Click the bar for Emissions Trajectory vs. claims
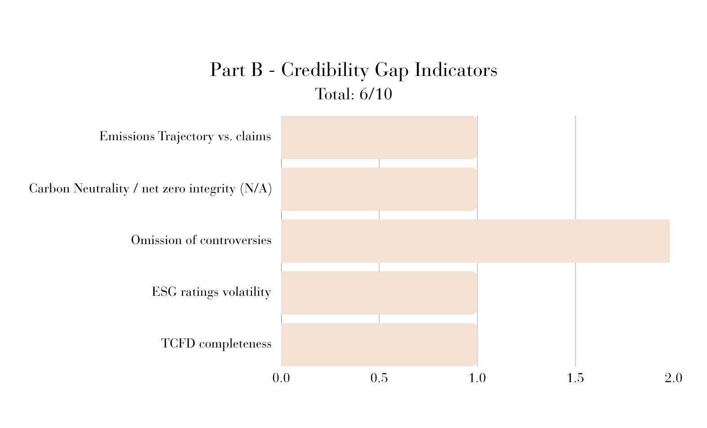coord(379,138)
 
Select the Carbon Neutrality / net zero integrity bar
coord(379,189)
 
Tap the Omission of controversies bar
coord(475,241)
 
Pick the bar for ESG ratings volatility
coord(379,293)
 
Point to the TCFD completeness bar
coord(379,345)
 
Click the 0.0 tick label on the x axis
coord(281,378)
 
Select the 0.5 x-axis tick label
coord(379,378)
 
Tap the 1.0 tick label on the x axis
coord(477,378)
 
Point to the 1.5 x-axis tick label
coord(575,378)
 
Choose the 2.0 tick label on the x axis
coord(673,378)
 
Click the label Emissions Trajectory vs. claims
coord(185,137)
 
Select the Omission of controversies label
coord(201,241)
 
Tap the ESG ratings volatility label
coord(212,292)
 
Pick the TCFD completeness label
coord(216,343)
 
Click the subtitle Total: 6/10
coord(353,94)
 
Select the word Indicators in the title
coord(456,70)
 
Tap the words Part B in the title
coord(236,70)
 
